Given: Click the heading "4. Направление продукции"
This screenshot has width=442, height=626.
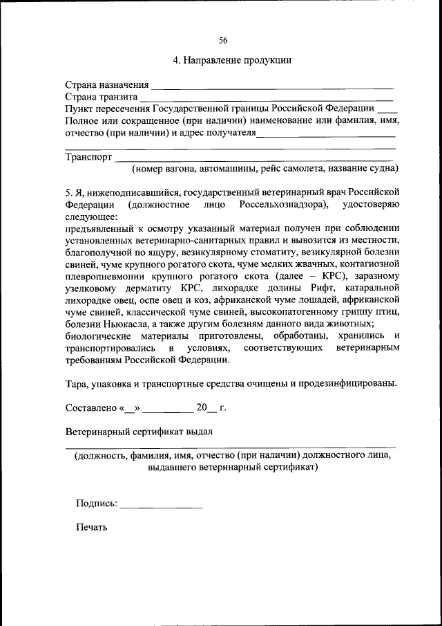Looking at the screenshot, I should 232,60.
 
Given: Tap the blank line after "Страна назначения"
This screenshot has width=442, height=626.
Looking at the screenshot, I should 272,86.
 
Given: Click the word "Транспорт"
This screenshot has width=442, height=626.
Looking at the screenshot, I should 88,157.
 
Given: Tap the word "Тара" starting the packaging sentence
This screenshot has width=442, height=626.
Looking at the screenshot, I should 77,383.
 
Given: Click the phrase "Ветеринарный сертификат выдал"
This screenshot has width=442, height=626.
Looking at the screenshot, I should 139,432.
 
